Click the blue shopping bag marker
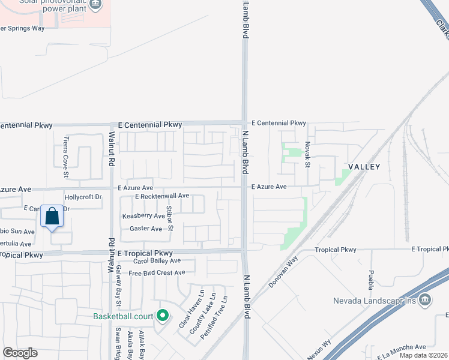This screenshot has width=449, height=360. pyautogui.click(x=52, y=217)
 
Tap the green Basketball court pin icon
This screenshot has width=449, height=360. pyautogui.click(x=162, y=315)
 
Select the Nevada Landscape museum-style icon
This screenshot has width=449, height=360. pyautogui.click(x=424, y=299)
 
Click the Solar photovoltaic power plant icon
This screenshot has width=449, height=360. pyautogui.click(x=95, y=5)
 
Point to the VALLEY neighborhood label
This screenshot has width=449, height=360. pyautogui.click(x=364, y=166)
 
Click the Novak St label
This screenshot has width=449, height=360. pyautogui.click(x=307, y=155)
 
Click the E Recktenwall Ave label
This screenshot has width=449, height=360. pyautogui.click(x=162, y=196)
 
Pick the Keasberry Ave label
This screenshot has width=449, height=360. pyautogui.click(x=143, y=216)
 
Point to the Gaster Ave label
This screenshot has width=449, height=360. pyautogui.click(x=146, y=229)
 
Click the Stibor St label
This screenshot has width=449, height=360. pyautogui.click(x=170, y=218)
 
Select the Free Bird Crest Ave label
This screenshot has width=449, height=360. pyautogui.click(x=157, y=273)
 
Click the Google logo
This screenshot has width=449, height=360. pyautogui.click(x=20, y=353)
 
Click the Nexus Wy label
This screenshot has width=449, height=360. pyautogui.click(x=319, y=351)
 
